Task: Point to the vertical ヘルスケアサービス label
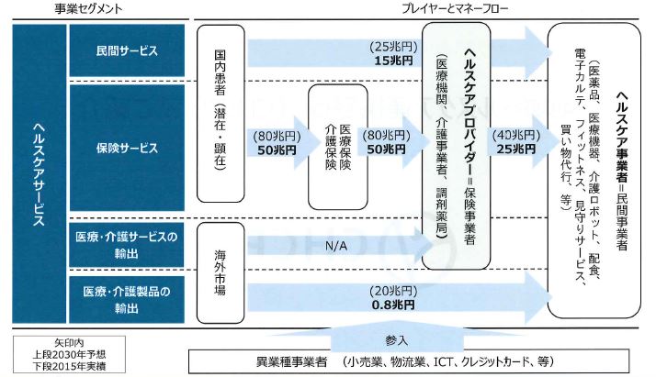pyautogui.click(x=39, y=172)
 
